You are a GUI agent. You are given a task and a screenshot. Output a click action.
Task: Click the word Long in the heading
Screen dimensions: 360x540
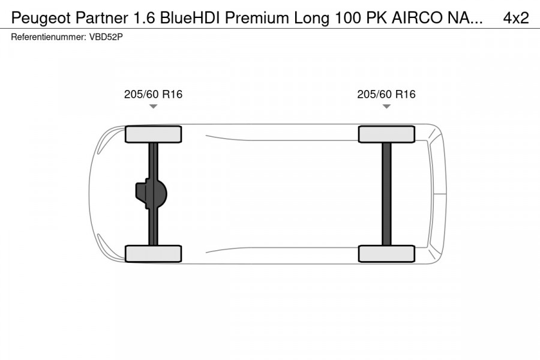311,18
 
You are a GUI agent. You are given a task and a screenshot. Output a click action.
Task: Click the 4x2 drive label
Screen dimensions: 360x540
516,18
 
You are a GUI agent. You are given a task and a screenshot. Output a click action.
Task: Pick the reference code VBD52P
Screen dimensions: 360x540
107,37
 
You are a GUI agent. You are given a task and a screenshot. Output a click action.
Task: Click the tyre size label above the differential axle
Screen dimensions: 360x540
153,94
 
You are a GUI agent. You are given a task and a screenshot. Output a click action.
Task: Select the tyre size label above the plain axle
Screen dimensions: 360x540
386,94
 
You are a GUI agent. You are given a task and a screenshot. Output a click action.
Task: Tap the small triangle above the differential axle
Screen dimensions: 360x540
153,107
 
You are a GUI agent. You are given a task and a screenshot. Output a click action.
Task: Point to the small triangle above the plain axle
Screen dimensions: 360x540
386,107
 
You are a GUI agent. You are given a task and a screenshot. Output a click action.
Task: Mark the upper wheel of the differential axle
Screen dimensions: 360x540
153,134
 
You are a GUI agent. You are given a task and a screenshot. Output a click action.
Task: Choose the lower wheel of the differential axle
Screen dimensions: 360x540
153,253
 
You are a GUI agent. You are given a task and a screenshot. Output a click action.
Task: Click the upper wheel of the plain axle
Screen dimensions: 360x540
386,134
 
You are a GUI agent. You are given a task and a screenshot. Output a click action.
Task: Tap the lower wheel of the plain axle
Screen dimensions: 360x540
386,253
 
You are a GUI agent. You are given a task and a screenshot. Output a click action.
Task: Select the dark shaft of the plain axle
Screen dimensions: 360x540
386,194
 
